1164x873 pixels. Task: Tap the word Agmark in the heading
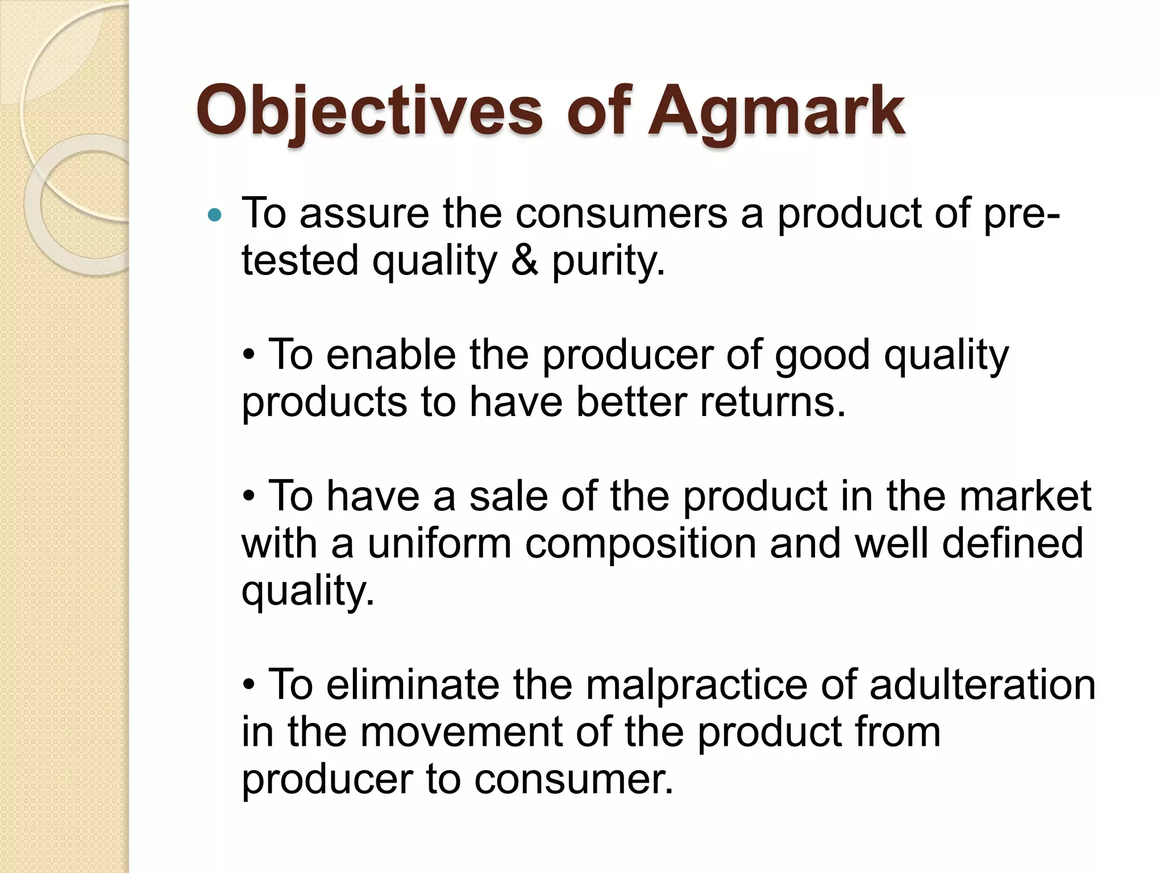pos(776,111)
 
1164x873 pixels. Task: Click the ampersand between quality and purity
pos(524,260)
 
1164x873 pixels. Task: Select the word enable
pos(391,354)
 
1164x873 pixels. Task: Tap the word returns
pos(772,401)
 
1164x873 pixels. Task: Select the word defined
pos(1012,543)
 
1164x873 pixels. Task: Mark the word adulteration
pos(982,684)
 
